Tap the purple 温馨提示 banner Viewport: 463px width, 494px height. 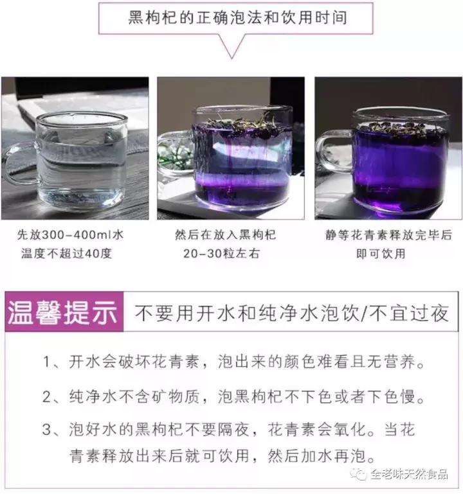tap(63, 315)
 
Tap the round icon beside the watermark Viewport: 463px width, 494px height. tap(359, 475)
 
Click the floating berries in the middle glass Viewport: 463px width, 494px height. tap(232, 122)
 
